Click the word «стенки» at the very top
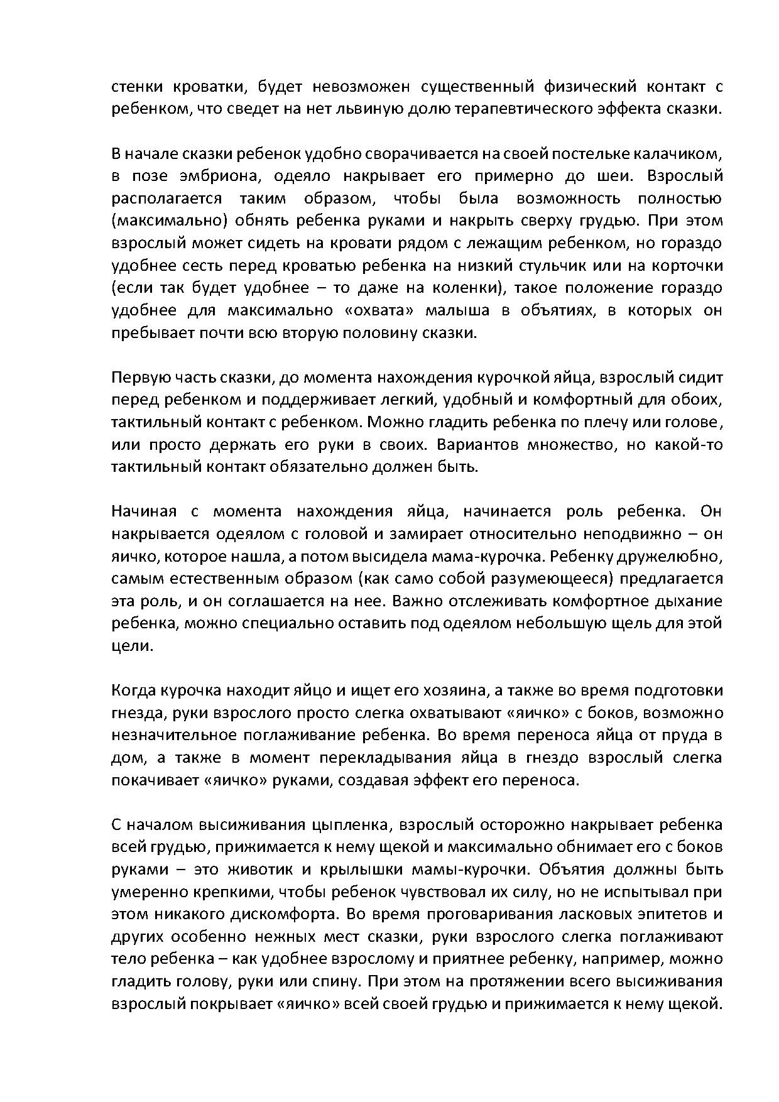click(136, 86)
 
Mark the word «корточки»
click(689, 265)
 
